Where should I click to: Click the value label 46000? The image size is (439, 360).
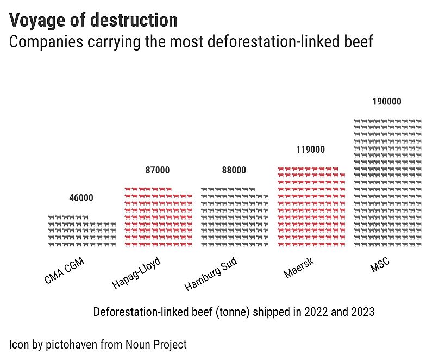(x=81, y=198)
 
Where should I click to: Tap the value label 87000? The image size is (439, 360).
(x=158, y=170)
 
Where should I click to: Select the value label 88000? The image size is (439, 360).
(x=234, y=170)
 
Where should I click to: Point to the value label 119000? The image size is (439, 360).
(x=310, y=150)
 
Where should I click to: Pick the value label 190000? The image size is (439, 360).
(x=387, y=102)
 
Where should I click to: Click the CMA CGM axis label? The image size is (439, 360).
(x=64, y=271)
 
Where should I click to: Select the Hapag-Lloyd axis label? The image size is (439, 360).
(x=137, y=273)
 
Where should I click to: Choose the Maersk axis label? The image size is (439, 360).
(x=299, y=269)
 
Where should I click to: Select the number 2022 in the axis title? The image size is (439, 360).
(x=317, y=312)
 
